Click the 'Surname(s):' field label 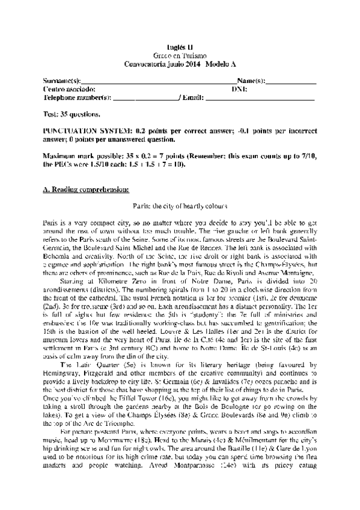62,80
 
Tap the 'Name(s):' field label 251,80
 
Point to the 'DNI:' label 239,88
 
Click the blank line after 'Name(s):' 291,80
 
